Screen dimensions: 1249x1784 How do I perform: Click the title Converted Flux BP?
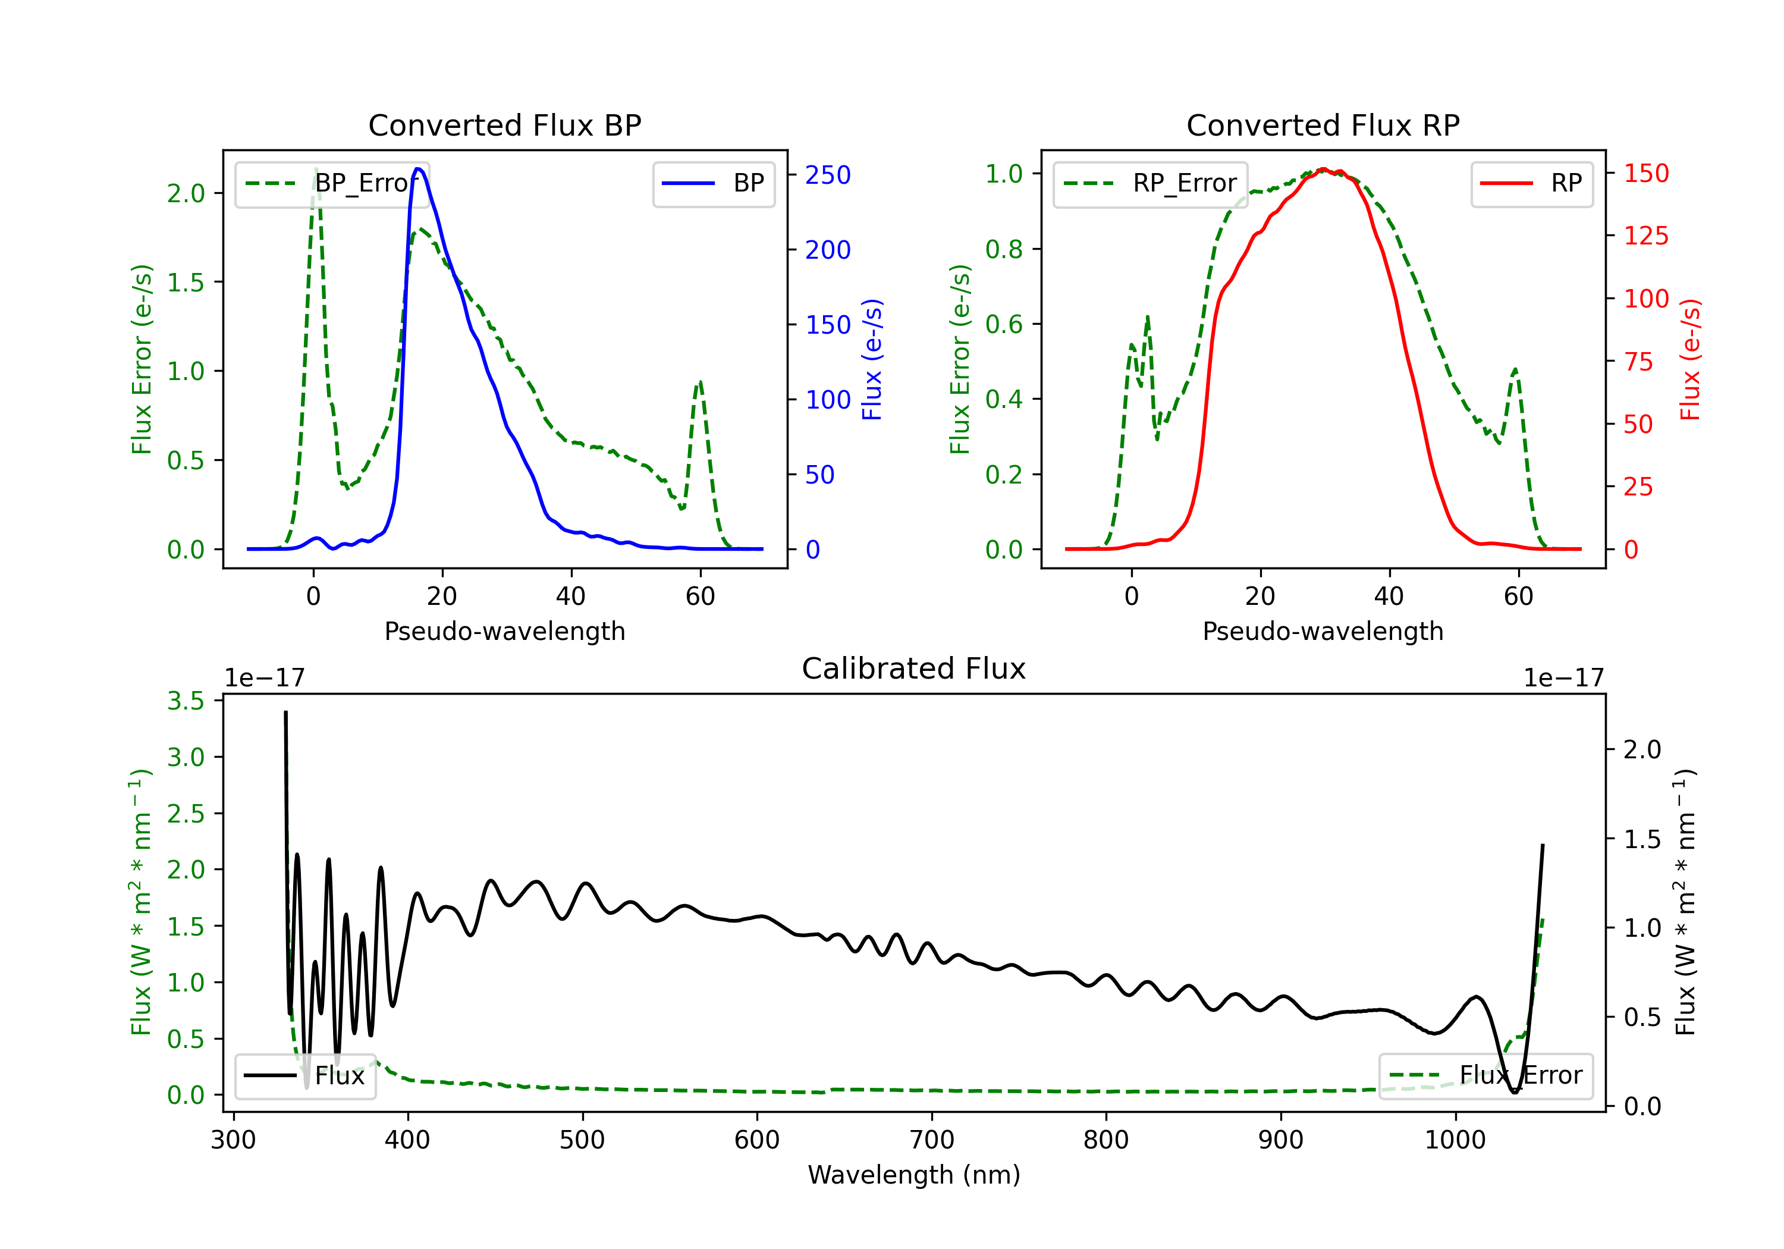[504, 125]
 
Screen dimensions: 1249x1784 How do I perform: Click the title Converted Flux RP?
[1323, 125]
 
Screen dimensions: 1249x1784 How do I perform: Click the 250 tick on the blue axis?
[828, 175]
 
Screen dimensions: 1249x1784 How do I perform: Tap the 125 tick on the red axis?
[1645, 236]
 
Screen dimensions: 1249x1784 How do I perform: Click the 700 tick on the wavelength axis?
[931, 1140]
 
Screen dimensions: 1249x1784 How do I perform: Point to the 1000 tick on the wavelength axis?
[1455, 1140]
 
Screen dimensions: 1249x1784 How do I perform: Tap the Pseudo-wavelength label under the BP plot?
[504, 631]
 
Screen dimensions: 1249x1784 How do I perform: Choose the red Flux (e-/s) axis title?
[1690, 359]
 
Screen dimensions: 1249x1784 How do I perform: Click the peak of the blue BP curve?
[419, 169]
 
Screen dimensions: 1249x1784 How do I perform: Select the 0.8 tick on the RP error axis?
[1003, 249]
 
